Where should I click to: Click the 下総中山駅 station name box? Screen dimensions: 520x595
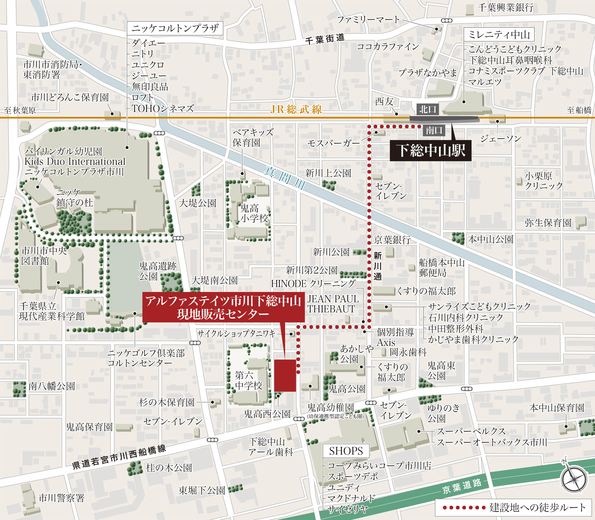pos(430,151)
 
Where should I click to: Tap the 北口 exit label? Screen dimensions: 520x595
pos(428,109)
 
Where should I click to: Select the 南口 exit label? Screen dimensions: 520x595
pos(434,131)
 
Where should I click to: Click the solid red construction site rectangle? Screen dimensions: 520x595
pos(285,376)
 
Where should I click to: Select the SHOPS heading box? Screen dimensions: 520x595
pos(346,451)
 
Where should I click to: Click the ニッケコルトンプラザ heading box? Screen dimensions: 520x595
pos(175,28)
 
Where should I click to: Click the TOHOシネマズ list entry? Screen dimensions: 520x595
pos(162,108)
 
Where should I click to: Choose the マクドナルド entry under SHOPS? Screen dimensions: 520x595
pos(351,498)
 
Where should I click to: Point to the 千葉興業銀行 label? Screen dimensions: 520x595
pos(505,8)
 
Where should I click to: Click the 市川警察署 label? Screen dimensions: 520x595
pos(61,498)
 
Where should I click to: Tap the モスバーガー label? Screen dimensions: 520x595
pos(333,143)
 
